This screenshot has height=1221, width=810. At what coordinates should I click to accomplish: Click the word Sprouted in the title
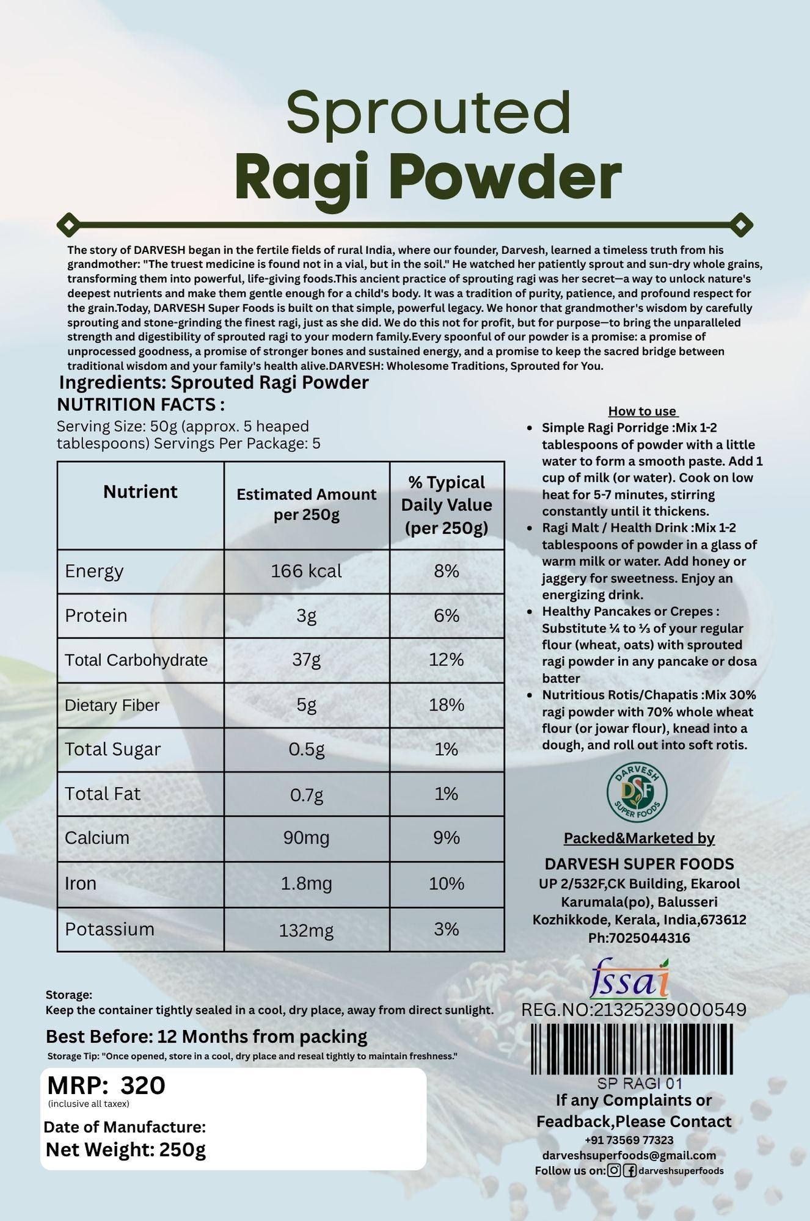click(x=428, y=113)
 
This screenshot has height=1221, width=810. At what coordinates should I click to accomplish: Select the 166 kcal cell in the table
click(x=306, y=571)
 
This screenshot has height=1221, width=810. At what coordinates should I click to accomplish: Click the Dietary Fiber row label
click(x=112, y=705)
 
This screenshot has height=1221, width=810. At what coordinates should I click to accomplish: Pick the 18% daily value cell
click(x=447, y=705)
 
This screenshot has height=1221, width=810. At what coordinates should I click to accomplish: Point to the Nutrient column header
click(x=140, y=492)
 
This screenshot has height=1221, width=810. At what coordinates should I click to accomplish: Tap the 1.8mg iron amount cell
click(x=306, y=884)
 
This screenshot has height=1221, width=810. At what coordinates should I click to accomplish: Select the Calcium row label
click(x=97, y=838)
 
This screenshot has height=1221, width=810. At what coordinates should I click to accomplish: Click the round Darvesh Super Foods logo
click(x=637, y=792)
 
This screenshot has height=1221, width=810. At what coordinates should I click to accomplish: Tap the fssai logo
click(x=629, y=979)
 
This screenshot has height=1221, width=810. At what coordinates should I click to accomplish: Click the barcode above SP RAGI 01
click(x=631, y=1049)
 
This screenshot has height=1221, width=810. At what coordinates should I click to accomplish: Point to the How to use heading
click(x=643, y=411)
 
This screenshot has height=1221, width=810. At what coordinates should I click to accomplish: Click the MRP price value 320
click(x=143, y=1085)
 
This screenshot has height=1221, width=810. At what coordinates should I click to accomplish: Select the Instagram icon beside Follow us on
click(x=614, y=1170)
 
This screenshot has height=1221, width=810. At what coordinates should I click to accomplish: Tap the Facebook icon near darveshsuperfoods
click(x=630, y=1170)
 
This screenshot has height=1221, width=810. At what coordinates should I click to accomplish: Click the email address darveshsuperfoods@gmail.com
click(x=629, y=1155)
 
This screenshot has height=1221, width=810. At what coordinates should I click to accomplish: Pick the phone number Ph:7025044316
click(x=639, y=938)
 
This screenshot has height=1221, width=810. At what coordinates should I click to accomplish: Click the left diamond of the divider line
click(x=68, y=225)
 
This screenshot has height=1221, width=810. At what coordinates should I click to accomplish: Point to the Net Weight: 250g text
click(x=126, y=1150)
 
